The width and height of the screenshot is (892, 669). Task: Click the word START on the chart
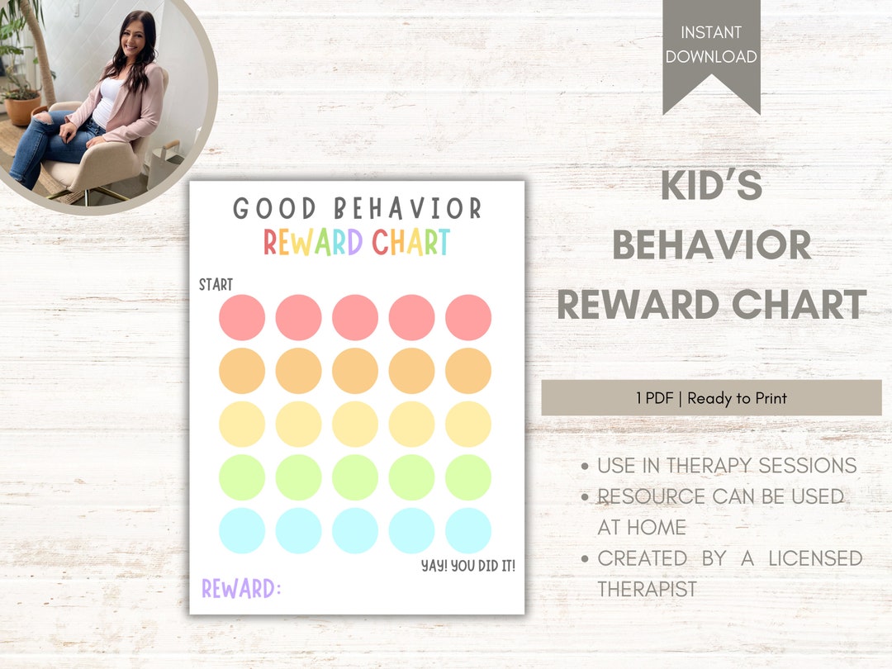216,285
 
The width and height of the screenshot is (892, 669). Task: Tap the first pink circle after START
242,317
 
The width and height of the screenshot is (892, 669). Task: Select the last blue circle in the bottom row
468,530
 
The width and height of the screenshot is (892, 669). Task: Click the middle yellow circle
355,424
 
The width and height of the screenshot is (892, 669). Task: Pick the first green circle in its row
242,477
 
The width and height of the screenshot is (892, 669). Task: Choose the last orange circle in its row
468,371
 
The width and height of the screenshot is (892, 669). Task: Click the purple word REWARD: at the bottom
241,589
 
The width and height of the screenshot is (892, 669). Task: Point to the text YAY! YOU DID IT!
468,566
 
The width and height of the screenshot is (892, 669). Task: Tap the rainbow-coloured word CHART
410,242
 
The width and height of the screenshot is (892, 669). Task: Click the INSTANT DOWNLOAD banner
711,45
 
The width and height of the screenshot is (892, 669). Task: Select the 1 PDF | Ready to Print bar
711,398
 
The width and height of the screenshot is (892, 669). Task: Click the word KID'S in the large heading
711,187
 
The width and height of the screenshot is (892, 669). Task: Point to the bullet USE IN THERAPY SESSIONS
727,466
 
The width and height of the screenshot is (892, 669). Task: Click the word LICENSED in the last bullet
815,558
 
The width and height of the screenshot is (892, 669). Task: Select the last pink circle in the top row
468,317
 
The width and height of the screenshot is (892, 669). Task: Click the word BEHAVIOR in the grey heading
711,245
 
